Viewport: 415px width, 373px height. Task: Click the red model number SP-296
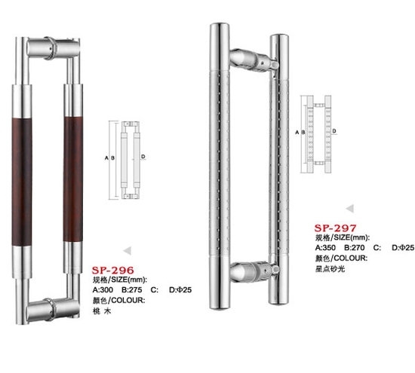113,271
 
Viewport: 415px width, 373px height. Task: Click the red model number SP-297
336,228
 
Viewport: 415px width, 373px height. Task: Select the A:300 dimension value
103,289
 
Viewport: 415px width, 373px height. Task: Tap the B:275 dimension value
132,289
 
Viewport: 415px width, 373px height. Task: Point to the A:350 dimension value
325,247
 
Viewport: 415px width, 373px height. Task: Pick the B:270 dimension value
355,247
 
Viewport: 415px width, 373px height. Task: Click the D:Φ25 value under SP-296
180,289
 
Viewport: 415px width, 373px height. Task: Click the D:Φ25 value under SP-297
403,247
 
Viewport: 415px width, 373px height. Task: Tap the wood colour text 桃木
102,311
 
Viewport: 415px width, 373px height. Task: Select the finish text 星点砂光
330,269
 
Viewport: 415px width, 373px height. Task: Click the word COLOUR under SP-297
352,258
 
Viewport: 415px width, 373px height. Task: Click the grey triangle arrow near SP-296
128,251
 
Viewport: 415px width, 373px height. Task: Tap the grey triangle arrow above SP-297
350,209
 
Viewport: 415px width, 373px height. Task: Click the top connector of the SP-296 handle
54,47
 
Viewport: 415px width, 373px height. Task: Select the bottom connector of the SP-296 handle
53,309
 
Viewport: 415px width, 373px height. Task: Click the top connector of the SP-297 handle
254,60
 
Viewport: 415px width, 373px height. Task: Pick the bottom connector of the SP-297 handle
254,272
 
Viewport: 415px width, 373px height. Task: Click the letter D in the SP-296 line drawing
143,157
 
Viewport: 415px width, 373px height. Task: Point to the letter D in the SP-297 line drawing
334,131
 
